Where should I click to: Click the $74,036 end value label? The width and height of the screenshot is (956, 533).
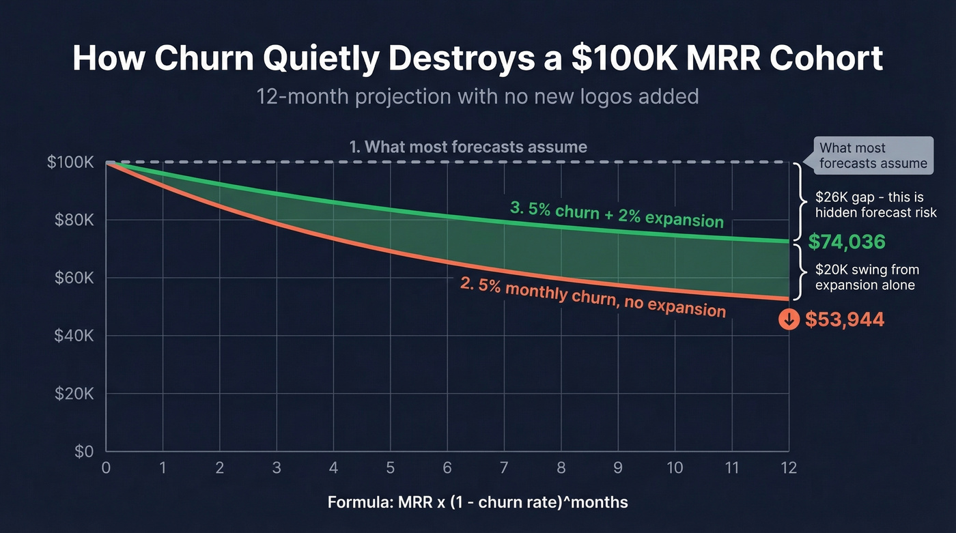click(846, 242)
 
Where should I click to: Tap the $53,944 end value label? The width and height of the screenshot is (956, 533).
click(844, 319)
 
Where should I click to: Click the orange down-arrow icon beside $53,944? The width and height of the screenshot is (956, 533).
click(789, 319)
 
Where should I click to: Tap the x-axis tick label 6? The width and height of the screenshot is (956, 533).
click(447, 468)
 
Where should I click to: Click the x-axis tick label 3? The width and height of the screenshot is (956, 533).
click(276, 468)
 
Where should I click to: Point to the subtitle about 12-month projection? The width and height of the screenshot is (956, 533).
click(477, 96)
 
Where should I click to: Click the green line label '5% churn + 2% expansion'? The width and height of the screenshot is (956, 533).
click(616, 214)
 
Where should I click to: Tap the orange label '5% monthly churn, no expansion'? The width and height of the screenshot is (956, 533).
click(593, 298)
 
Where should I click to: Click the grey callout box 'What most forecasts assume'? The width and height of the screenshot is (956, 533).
click(873, 156)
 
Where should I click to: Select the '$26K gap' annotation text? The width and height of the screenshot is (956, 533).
click(876, 205)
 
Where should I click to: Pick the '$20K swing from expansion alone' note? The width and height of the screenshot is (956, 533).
click(864, 277)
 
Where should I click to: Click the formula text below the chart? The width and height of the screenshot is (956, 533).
click(477, 503)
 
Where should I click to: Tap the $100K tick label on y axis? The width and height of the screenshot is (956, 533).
click(72, 162)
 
